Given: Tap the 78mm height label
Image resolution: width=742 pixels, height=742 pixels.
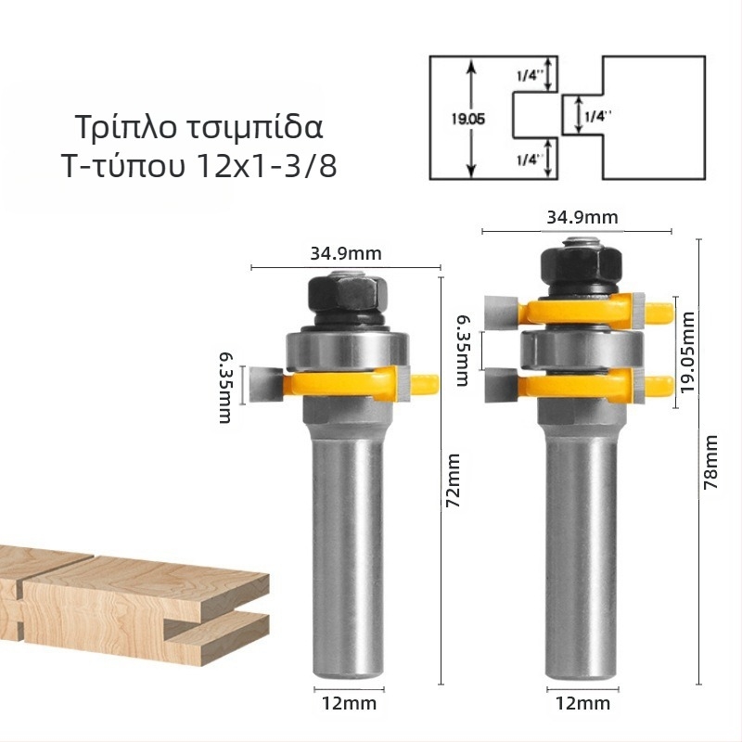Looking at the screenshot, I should (712, 464).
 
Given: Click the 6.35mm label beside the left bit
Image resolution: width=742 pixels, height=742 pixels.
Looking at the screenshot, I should (225, 385).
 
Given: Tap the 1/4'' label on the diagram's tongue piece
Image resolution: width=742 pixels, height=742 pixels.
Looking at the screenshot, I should (595, 117).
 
